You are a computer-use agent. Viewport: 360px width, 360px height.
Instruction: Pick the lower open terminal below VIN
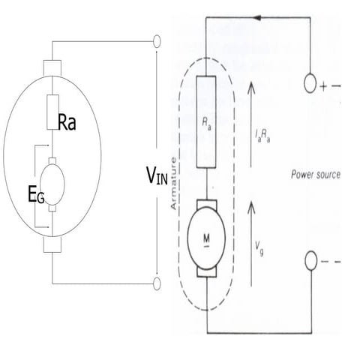[157, 283]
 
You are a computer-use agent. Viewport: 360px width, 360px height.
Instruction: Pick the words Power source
[316, 175]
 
